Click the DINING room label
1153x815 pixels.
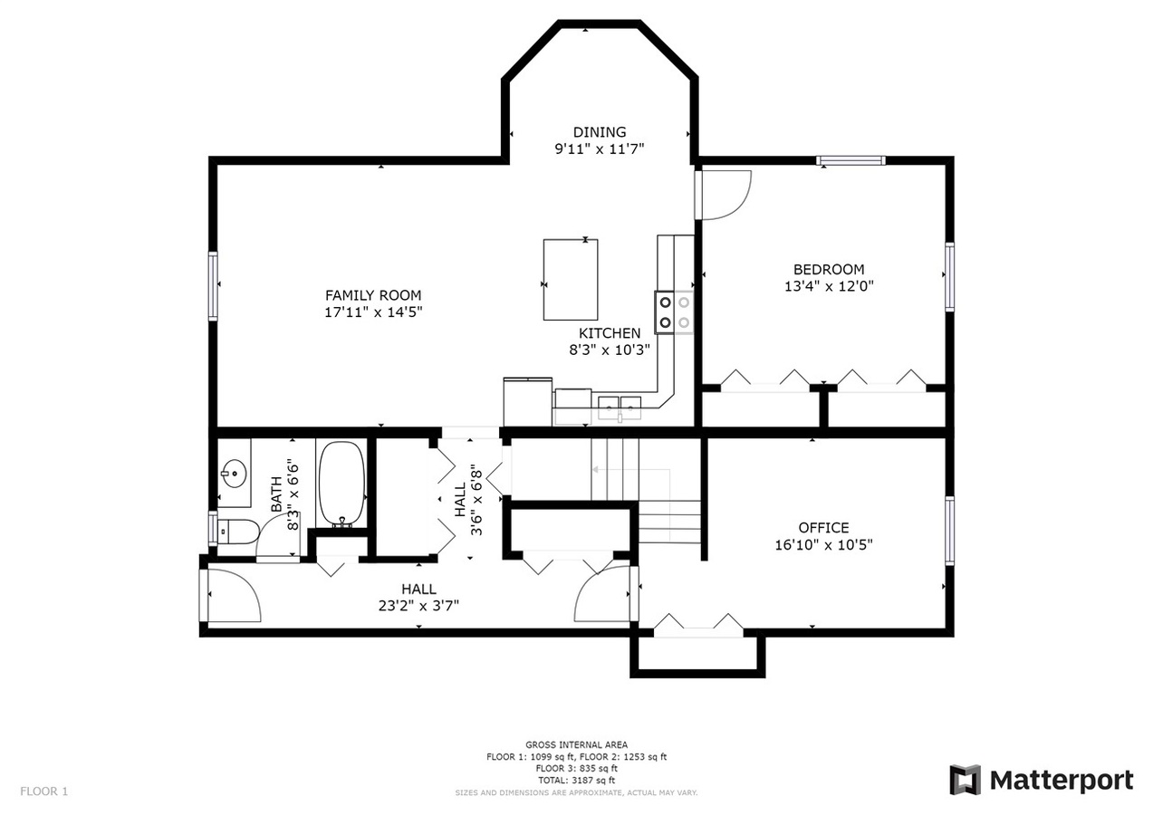tap(600, 132)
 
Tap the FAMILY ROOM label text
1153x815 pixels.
tap(373, 295)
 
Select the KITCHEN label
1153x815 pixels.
tap(610, 333)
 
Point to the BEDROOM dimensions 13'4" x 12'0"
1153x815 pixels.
tap(829, 286)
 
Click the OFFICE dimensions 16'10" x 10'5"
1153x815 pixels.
tap(823, 544)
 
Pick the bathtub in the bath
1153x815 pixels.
tap(341, 484)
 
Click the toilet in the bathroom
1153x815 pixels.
tap(237, 532)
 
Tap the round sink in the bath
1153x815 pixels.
tap(235, 473)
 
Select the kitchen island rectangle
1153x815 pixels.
tap(571, 280)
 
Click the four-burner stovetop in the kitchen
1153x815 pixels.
tap(674, 312)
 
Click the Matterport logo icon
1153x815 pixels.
tap(966, 780)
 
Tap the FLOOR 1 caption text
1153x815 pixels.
tap(43, 791)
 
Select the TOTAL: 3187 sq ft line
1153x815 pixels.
tap(576, 781)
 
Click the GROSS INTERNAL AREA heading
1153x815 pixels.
tap(576, 744)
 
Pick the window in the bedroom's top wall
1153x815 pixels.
tap(850, 160)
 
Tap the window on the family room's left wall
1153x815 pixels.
tap(213, 285)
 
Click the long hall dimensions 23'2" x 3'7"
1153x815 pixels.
tap(418, 606)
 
